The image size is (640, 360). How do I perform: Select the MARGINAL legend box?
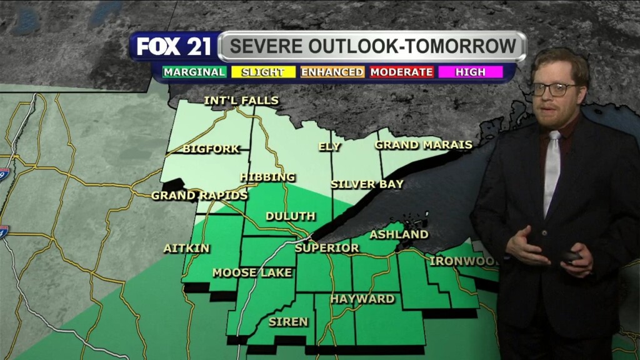point(194,72)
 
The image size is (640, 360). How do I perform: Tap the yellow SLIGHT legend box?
point(262,72)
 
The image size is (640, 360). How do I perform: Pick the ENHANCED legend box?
point(332,72)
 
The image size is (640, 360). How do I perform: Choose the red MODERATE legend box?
point(401,72)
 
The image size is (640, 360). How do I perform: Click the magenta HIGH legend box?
point(471,72)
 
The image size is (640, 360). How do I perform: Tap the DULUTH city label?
point(290,216)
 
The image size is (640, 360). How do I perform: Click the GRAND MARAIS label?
point(423,145)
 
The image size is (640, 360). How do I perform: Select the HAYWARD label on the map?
point(362,299)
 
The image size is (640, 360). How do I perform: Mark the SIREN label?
point(288,322)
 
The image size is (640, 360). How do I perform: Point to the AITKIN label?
point(186,248)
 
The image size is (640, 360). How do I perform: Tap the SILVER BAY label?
point(367,184)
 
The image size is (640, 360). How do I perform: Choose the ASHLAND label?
point(399,234)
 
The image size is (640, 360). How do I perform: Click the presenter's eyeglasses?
point(554,89)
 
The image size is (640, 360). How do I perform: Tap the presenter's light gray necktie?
point(551,169)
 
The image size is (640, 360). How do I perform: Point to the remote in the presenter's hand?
point(570,256)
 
